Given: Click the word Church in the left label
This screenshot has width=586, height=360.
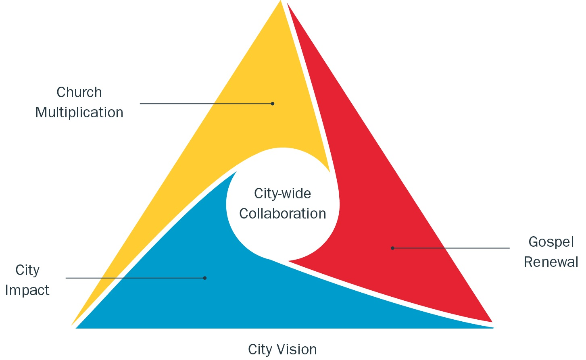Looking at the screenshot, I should tap(79, 92).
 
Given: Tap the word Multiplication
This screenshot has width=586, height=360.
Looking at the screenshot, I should tap(79, 112).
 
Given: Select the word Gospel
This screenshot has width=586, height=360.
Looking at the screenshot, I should tap(551, 242).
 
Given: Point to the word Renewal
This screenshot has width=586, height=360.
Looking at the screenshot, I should tap(551, 262).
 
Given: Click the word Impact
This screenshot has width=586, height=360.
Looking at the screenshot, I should tap(27, 290).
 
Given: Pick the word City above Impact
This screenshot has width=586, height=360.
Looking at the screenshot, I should tap(27, 270).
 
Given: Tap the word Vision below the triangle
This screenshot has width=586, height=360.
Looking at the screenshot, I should tap(296, 349).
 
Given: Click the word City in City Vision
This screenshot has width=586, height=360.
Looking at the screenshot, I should tap(260, 349).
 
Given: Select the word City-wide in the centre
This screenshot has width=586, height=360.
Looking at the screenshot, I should tap(282, 194).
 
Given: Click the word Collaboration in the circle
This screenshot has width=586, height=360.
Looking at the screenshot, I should tap(282, 214).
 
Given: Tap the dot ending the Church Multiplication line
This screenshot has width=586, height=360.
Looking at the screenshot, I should tap(273, 104).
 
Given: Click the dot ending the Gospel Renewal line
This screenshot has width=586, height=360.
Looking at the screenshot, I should tap(392, 248).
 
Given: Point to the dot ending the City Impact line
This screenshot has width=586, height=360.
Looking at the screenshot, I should tap(205, 278).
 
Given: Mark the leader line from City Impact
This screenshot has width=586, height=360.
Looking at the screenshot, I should tap(133, 278).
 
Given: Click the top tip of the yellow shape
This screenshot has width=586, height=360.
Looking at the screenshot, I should tap(280, 2).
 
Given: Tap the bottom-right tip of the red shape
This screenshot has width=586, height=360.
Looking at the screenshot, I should tap(492, 321).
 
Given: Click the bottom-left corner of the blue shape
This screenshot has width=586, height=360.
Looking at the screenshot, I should tap(77, 328).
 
